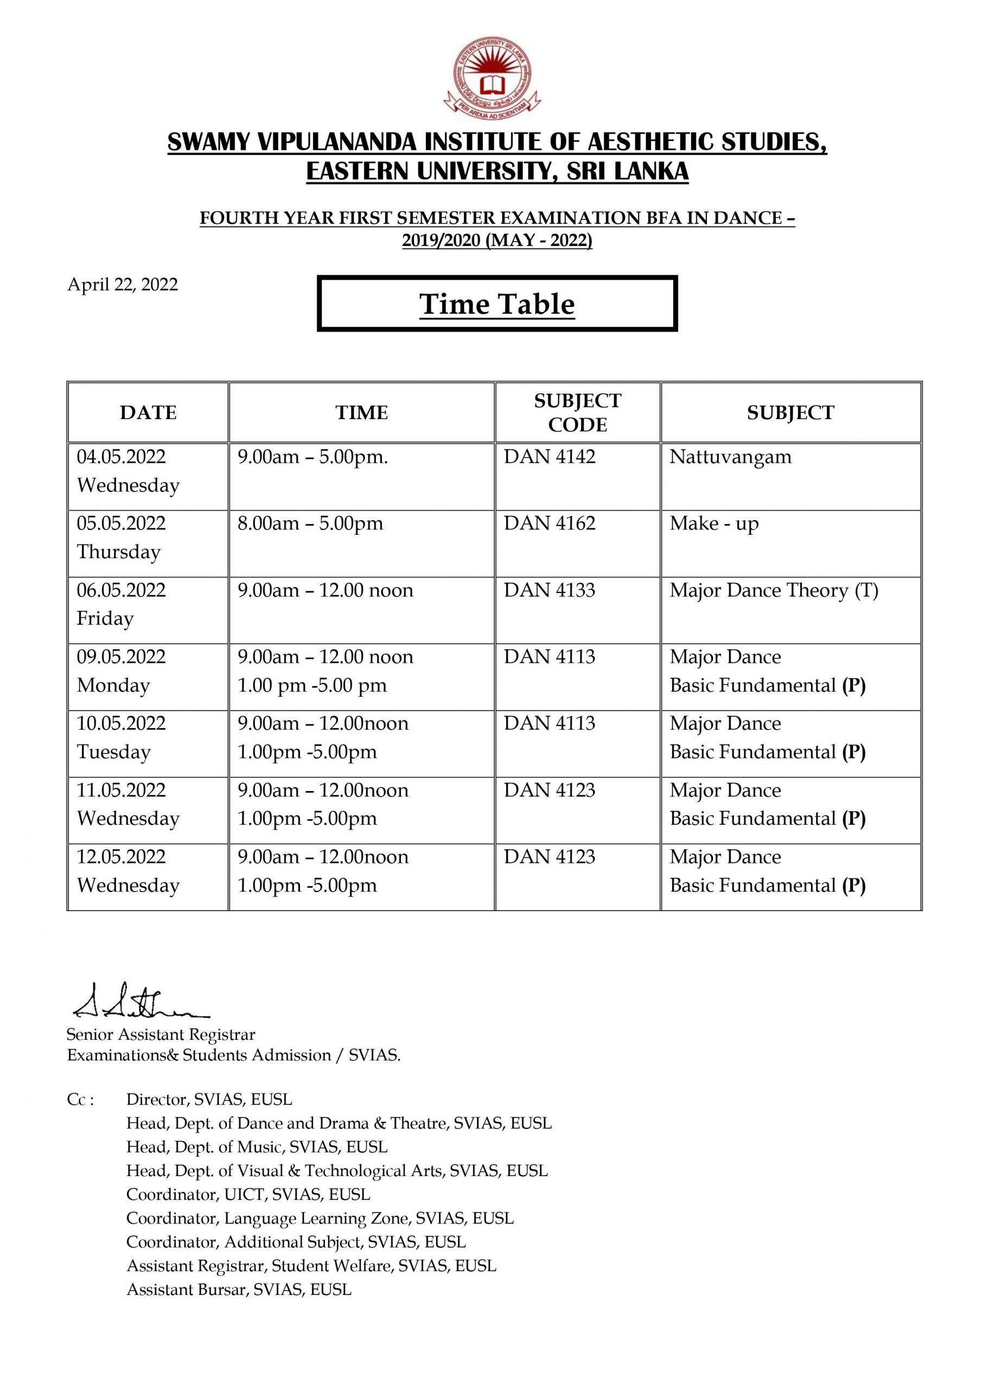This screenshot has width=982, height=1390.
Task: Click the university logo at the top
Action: point(492,78)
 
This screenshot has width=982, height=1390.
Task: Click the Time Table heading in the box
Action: point(497,304)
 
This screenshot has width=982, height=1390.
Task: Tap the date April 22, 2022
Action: point(123,285)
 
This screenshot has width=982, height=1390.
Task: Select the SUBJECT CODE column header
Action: point(577,412)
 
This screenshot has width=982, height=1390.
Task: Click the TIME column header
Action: point(361,412)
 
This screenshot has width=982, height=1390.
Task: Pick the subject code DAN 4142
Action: point(550,457)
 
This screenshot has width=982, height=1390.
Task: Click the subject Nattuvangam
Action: point(730,457)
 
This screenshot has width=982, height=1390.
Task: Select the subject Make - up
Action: point(714,523)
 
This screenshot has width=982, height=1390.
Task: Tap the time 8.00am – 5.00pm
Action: point(310,523)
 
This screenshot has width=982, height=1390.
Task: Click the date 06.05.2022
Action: point(121,590)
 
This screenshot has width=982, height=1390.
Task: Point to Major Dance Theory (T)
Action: point(774,590)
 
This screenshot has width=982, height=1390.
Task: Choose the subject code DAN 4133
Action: point(550,590)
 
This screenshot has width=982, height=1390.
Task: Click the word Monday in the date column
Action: point(113,685)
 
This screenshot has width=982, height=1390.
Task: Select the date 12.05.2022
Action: point(121,857)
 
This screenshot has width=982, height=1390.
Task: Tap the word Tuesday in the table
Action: point(113,752)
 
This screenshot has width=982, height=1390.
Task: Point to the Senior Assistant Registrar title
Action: point(161,1035)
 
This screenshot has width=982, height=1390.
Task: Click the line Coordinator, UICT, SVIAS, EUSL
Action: point(248,1195)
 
